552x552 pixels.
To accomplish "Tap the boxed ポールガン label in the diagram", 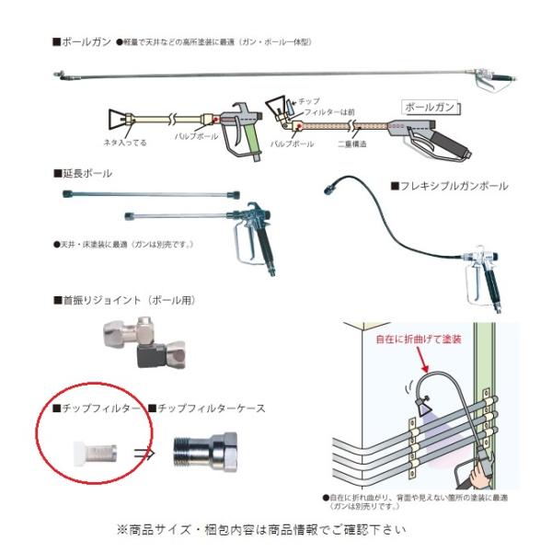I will click(430, 107).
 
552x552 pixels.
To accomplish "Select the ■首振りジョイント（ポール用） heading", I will click(124, 300).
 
